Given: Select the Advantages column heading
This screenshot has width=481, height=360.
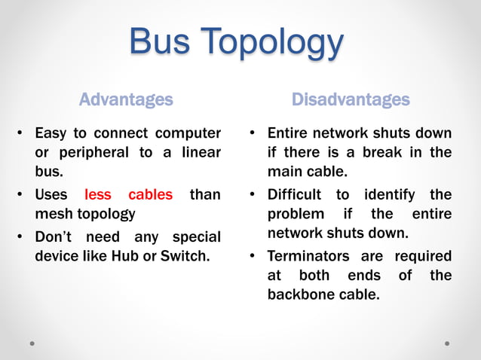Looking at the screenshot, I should click(x=126, y=99).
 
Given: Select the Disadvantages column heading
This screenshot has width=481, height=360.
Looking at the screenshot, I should click(x=351, y=99).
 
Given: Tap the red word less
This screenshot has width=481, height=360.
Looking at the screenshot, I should click(x=98, y=195).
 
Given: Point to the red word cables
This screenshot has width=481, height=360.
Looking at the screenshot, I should click(x=150, y=195).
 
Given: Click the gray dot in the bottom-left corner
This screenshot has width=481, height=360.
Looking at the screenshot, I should click(x=32, y=343).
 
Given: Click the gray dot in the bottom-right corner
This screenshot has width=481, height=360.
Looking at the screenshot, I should click(x=447, y=343).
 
